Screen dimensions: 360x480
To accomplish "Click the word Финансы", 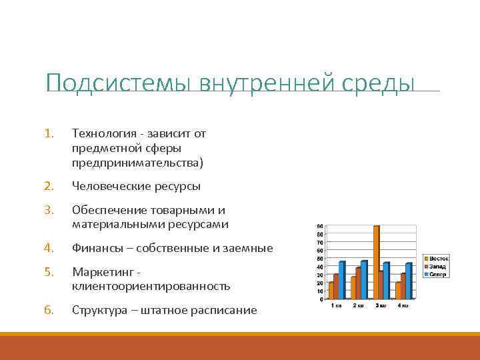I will pos(96,248).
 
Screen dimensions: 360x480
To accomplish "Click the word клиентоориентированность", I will pos(151,287).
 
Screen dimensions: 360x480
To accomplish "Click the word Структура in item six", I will pos(99,311).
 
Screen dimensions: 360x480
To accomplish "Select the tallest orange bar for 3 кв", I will pos(377,262).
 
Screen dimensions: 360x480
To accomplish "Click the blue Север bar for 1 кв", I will pos(342,280).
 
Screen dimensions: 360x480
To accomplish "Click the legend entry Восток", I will pos(438,258).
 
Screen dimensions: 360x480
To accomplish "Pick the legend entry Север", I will pos(437,274).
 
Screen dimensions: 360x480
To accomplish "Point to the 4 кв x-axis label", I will pos(403,305).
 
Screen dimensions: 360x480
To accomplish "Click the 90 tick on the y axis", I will pos(321,227).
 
